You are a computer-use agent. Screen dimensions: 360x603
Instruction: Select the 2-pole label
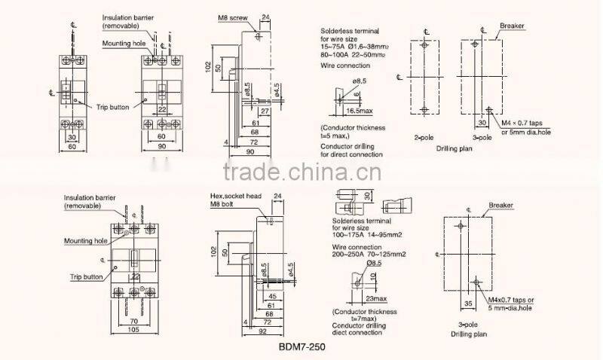click(423, 139)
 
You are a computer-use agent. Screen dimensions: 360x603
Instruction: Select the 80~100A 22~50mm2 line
click(353, 55)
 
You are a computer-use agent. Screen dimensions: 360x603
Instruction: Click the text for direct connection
click(351, 154)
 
